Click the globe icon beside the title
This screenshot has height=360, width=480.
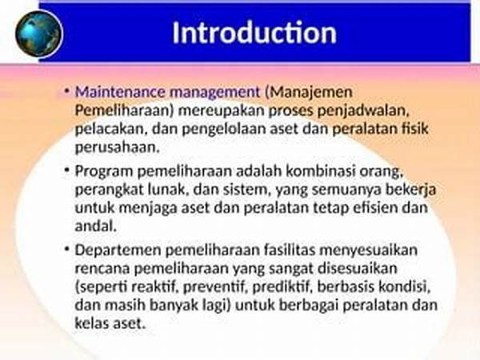pos(39,34)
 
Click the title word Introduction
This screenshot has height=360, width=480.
pos(254,33)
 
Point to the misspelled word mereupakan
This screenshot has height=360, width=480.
pos(222,111)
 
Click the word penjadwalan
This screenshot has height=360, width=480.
pos(363,111)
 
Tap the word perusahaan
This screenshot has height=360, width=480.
pos(118,148)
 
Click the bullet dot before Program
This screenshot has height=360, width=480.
pos(67,170)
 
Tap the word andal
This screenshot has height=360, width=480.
pos(96,226)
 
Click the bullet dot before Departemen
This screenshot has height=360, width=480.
pos(67,249)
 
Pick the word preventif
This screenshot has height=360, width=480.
pos(215,287)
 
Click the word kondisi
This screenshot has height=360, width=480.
pos(405,287)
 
